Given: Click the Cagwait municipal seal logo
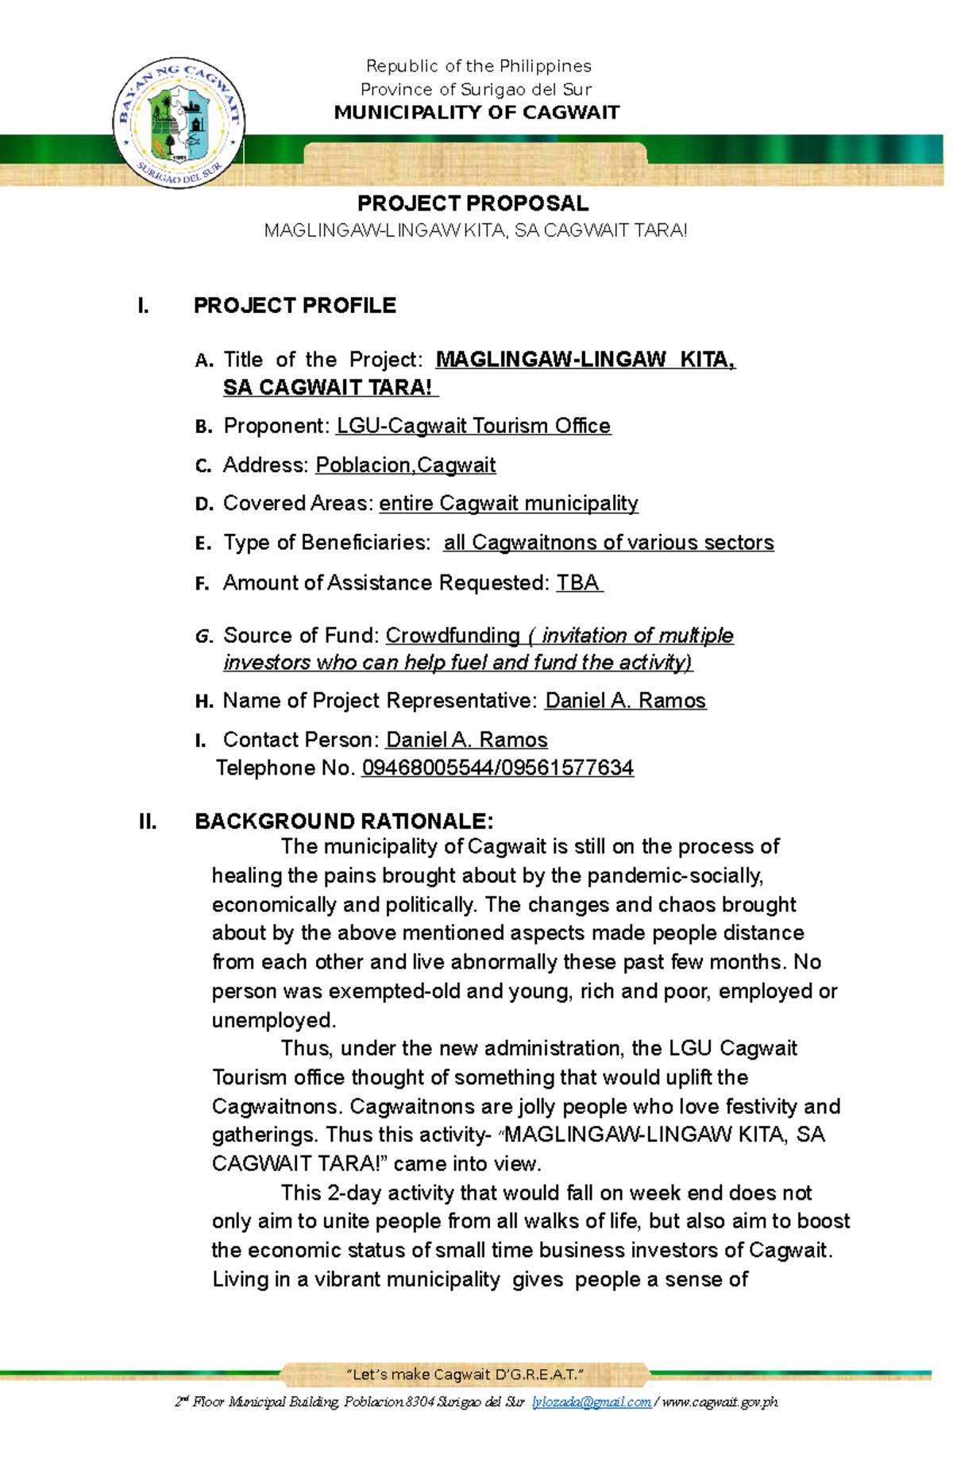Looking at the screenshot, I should (179, 123).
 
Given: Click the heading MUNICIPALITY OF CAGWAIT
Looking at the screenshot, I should (476, 112).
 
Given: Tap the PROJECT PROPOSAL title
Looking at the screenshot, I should (473, 203).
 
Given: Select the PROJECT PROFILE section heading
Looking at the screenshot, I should (295, 305).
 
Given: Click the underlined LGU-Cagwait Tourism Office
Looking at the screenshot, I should (473, 426).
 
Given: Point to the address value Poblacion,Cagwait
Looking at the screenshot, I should (405, 465).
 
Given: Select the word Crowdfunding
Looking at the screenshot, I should (452, 636).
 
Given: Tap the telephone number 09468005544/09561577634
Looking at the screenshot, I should (497, 768).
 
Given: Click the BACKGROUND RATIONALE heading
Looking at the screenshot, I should (344, 821).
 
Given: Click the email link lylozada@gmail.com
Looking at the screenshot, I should (591, 1402).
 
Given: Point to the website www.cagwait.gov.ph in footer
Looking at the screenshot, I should (720, 1402).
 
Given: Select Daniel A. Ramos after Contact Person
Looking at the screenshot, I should (466, 740).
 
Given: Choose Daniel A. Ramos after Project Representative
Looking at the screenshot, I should (625, 701).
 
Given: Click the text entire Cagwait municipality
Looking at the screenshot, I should (508, 504).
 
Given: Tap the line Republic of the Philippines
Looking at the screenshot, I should (478, 66).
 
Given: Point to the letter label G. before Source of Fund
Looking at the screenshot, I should (203, 636).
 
